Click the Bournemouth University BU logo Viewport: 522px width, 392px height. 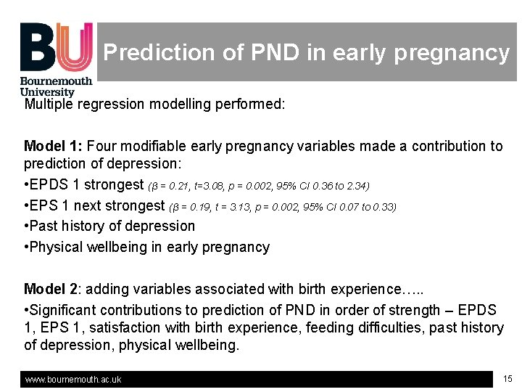[x=57, y=58]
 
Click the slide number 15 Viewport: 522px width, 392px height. [x=507, y=378]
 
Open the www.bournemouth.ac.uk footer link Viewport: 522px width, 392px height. [x=73, y=380]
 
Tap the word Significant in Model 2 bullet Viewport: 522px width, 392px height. [x=63, y=310]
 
